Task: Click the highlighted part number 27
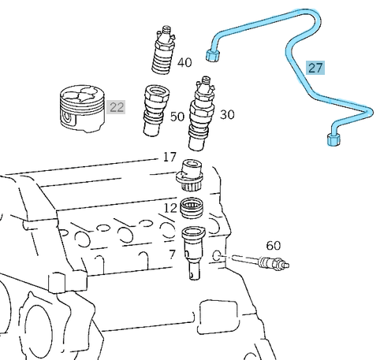315,68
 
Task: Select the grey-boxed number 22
116,107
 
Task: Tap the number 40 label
184,62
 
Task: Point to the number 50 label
177,117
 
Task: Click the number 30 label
227,115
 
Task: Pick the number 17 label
170,157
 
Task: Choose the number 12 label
170,208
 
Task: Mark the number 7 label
172,254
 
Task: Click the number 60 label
274,246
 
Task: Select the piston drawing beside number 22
82,109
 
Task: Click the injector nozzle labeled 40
163,50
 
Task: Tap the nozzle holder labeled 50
156,110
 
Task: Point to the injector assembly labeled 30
201,113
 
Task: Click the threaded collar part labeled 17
190,175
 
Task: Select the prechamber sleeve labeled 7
194,253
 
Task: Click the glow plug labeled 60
260,262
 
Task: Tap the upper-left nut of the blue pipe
212,55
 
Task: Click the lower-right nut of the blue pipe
333,139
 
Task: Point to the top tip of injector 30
206,77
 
